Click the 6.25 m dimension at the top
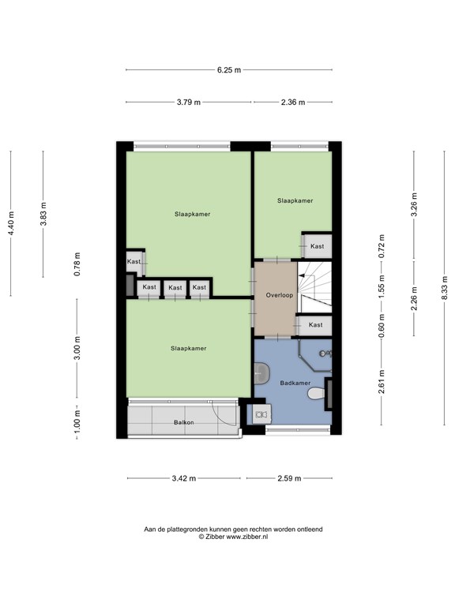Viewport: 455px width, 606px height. pos(228,70)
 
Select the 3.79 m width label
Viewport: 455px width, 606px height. pos(188,102)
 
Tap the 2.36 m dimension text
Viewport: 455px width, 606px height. pos(291,102)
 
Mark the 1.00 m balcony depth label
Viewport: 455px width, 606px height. pos(77,418)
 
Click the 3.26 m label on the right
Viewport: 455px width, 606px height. pos(414,204)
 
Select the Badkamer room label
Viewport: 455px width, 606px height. pos(294,383)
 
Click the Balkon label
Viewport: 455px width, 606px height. pos(184,424)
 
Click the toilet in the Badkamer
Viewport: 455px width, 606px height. pos(316,393)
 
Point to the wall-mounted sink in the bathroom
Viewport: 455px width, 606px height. pos(261,372)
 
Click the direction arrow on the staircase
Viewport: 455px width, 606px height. pos(301,275)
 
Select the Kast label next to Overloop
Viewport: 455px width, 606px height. pos(315,325)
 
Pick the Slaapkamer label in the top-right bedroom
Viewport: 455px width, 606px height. pos(295,201)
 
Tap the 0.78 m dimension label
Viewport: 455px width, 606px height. pos(77,264)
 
